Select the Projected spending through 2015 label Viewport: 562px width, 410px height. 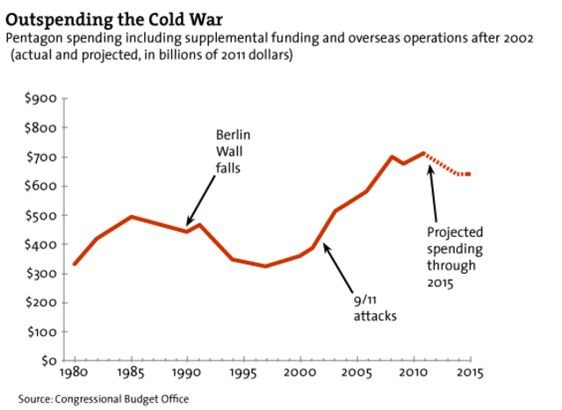455,255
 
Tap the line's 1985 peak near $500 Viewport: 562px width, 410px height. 131,216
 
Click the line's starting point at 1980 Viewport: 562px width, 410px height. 75,263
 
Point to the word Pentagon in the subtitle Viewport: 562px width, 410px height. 33,39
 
